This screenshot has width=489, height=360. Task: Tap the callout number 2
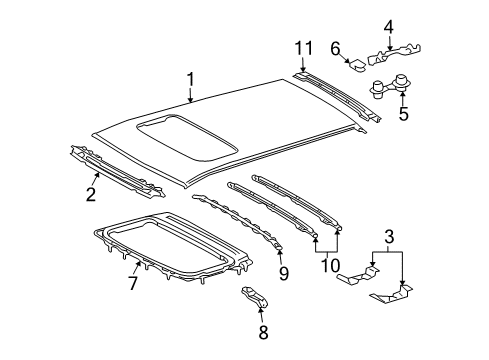coord(91,194)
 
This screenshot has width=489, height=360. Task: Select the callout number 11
coord(303,48)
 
